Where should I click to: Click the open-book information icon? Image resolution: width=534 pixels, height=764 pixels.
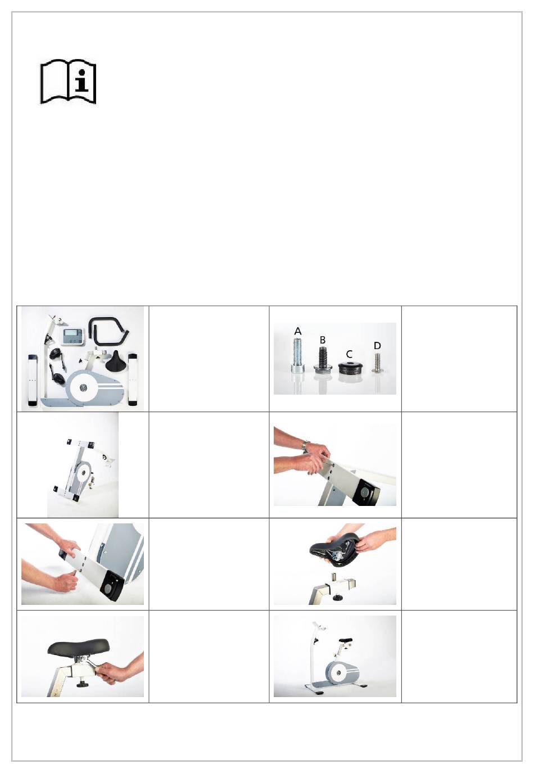(x=68, y=82)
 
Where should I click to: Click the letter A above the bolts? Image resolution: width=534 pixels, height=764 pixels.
(x=298, y=331)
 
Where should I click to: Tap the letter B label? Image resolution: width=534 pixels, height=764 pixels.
(x=322, y=340)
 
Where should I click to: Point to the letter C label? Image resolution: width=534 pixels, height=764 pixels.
(x=349, y=354)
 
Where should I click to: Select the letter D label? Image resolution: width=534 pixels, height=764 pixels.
(x=377, y=346)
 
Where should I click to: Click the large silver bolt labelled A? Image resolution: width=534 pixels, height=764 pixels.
(x=298, y=355)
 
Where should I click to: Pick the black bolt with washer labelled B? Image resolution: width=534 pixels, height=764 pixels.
(x=323, y=359)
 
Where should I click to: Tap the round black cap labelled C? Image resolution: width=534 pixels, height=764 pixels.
(x=349, y=368)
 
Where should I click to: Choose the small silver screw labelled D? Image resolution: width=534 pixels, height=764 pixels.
(x=377, y=362)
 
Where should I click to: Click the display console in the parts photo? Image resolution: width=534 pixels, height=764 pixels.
(x=73, y=337)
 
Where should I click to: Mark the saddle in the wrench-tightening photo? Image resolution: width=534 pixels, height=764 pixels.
(x=79, y=645)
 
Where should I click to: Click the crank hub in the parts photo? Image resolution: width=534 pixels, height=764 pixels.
(x=83, y=387)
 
